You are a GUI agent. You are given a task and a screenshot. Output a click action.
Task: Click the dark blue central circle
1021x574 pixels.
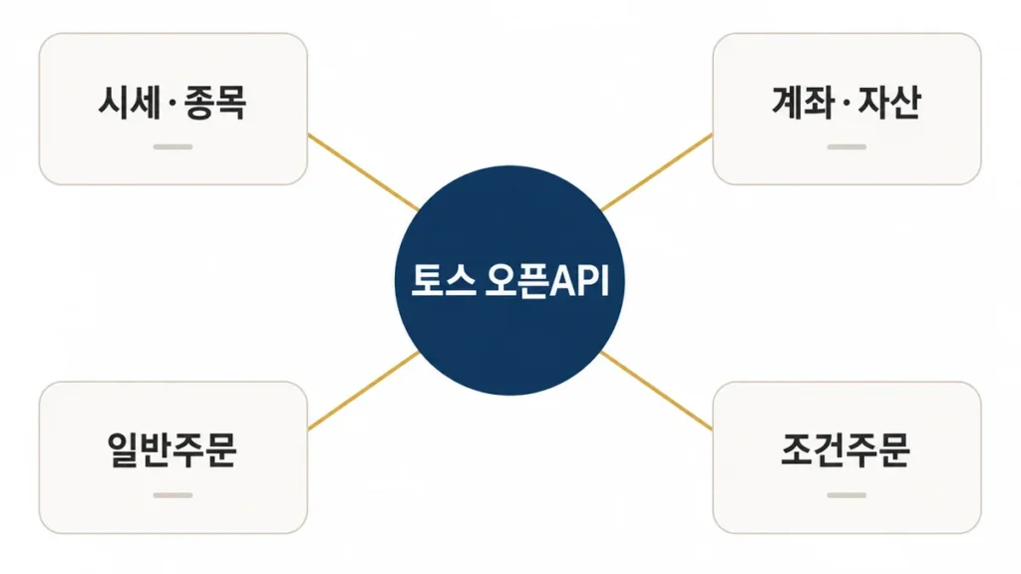click(510, 280)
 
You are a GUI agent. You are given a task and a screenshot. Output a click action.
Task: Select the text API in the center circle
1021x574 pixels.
click(579, 281)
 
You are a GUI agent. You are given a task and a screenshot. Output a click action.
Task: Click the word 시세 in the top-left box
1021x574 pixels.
click(129, 103)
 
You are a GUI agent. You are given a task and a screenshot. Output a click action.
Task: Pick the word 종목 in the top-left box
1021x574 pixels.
click(215, 103)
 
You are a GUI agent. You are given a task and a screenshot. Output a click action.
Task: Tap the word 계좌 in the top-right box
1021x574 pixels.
click(803, 103)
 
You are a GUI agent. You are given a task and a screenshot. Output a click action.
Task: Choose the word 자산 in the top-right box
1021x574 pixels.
click(888, 103)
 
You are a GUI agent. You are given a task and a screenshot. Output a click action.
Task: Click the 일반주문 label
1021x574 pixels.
click(171, 449)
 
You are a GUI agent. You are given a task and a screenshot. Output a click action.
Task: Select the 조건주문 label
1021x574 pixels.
click(846, 449)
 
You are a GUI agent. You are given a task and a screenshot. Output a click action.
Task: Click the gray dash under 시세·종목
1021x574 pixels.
click(172, 147)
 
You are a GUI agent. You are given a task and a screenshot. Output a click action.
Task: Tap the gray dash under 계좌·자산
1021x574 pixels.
click(847, 147)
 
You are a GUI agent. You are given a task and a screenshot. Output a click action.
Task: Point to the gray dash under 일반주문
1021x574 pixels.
click(172, 495)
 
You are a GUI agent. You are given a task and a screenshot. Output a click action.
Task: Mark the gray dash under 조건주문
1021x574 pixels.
click(847, 495)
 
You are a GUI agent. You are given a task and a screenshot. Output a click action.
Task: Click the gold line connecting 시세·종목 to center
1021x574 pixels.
click(363, 172)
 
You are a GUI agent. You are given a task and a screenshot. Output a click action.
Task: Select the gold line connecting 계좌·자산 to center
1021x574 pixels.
click(657, 172)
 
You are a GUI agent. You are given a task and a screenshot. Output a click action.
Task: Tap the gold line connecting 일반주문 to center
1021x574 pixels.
click(363, 391)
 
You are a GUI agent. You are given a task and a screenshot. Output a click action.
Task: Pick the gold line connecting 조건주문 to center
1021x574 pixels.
click(657, 391)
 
